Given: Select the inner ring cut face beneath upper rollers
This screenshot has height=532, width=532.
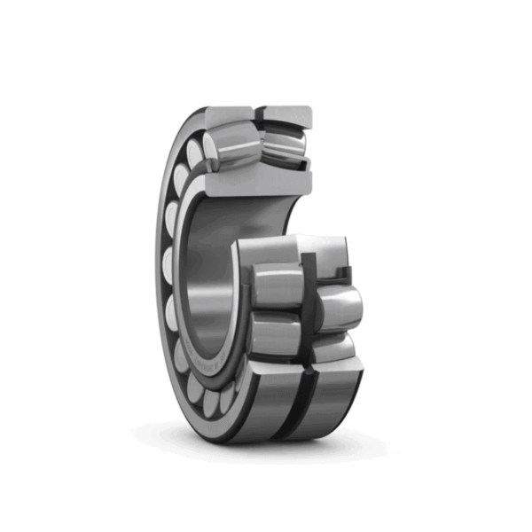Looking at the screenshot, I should [262, 181].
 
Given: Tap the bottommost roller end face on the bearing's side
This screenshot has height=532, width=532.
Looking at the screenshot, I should [214, 404].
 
